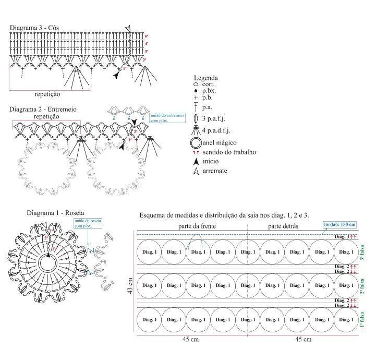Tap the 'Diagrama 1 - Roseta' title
point(51,213)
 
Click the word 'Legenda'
point(205,78)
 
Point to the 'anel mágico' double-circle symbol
point(196,142)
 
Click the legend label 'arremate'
point(215,171)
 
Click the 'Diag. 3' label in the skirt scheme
point(341,237)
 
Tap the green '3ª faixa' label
point(362,253)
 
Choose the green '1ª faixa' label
point(362,319)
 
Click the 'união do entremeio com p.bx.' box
point(166,118)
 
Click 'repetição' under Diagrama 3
point(47,94)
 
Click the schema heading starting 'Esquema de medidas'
point(224,215)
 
